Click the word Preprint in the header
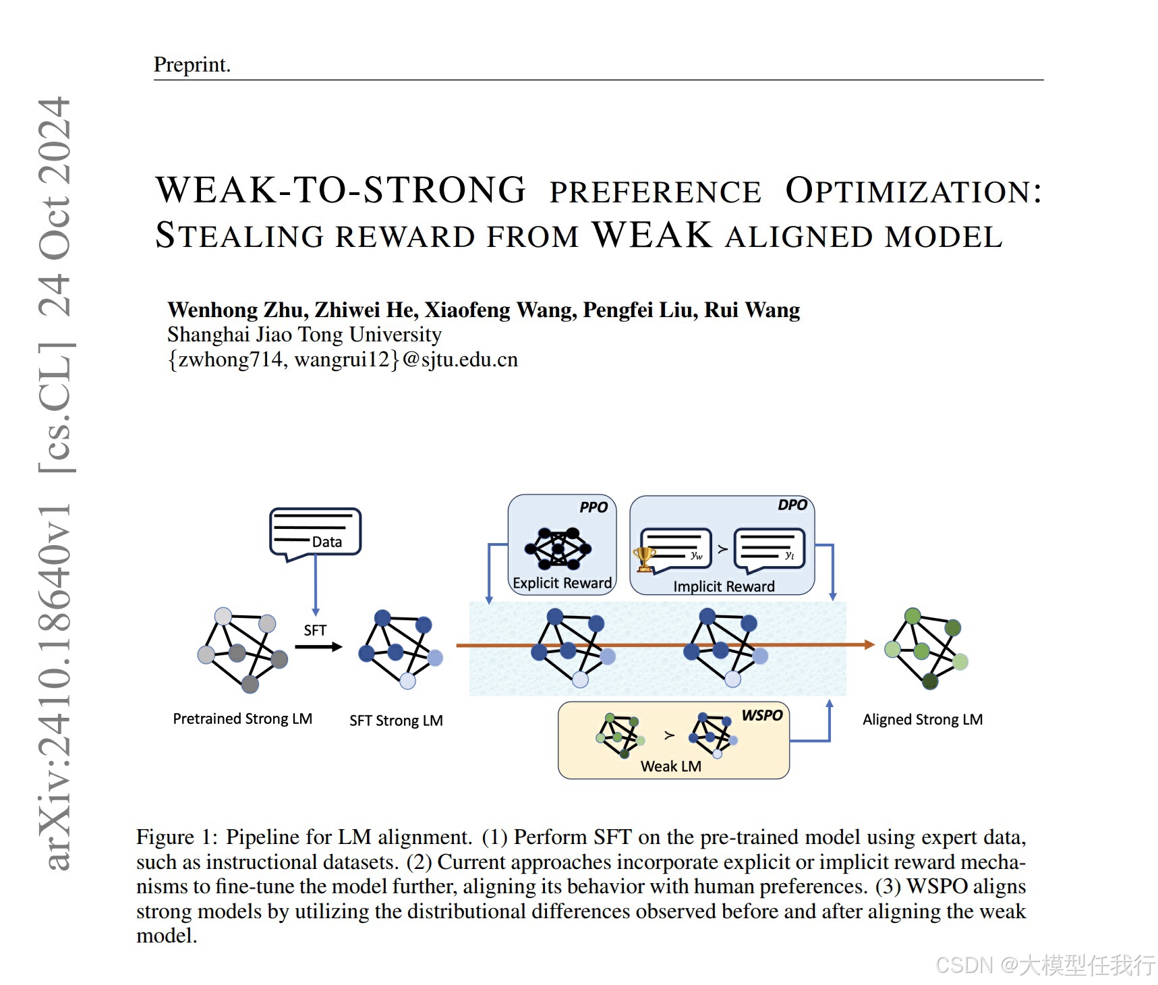click(192, 65)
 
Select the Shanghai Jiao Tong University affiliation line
click(304, 335)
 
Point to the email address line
click(343, 360)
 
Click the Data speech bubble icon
click(315, 533)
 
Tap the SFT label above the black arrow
click(315, 630)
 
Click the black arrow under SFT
click(318, 647)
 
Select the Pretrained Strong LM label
click(242, 719)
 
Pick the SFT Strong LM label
click(396, 721)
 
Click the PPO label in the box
click(594, 507)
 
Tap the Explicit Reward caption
click(562, 583)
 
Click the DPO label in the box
click(792, 505)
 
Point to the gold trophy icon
click(644, 559)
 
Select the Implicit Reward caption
click(724, 586)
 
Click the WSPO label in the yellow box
click(762, 715)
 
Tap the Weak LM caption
click(671, 766)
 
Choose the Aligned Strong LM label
click(923, 720)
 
